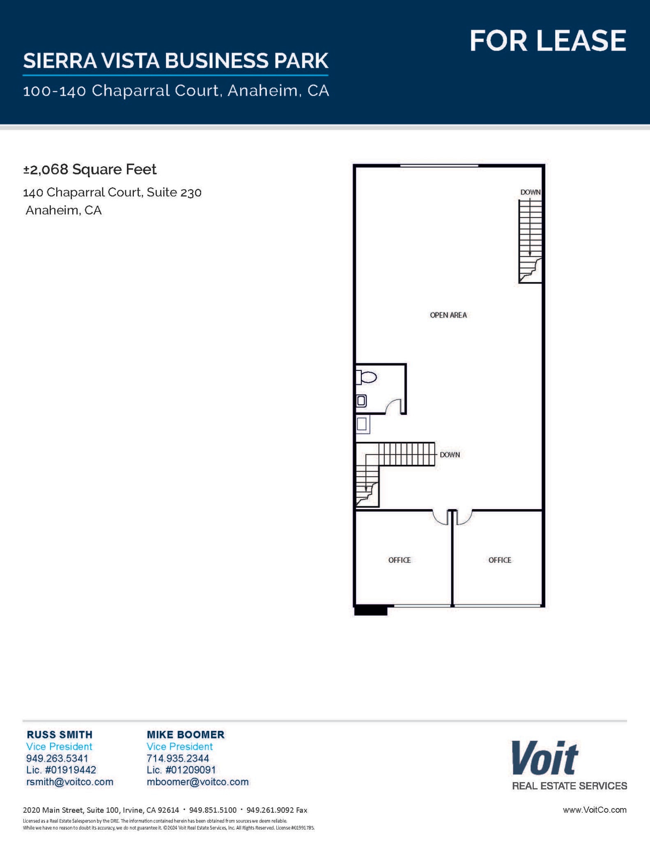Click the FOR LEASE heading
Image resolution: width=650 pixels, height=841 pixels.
click(547, 41)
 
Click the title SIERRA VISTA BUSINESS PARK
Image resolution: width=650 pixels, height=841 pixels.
click(175, 61)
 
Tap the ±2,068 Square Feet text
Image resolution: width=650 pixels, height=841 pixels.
click(90, 169)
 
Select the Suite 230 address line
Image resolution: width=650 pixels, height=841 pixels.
click(112, 192)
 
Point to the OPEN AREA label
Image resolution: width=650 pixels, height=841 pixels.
click(448, 315)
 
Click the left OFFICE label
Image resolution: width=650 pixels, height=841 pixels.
click(399, 560)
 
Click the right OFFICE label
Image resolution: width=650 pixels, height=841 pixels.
click(499, 560)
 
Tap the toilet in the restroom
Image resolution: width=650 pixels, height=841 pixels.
click(368, 377)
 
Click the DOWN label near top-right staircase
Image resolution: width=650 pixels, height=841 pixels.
click(530, 192)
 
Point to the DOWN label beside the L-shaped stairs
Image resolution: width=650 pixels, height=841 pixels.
click(450, 455)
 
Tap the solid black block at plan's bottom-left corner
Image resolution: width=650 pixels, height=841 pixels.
click(370, 611)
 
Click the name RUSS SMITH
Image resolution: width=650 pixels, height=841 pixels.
click(60, 734)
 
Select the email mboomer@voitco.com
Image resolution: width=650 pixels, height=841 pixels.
click(198, 781)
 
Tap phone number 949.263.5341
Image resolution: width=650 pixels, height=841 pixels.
click(57, 758)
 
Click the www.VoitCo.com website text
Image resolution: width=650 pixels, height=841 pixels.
click(594, 810)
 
